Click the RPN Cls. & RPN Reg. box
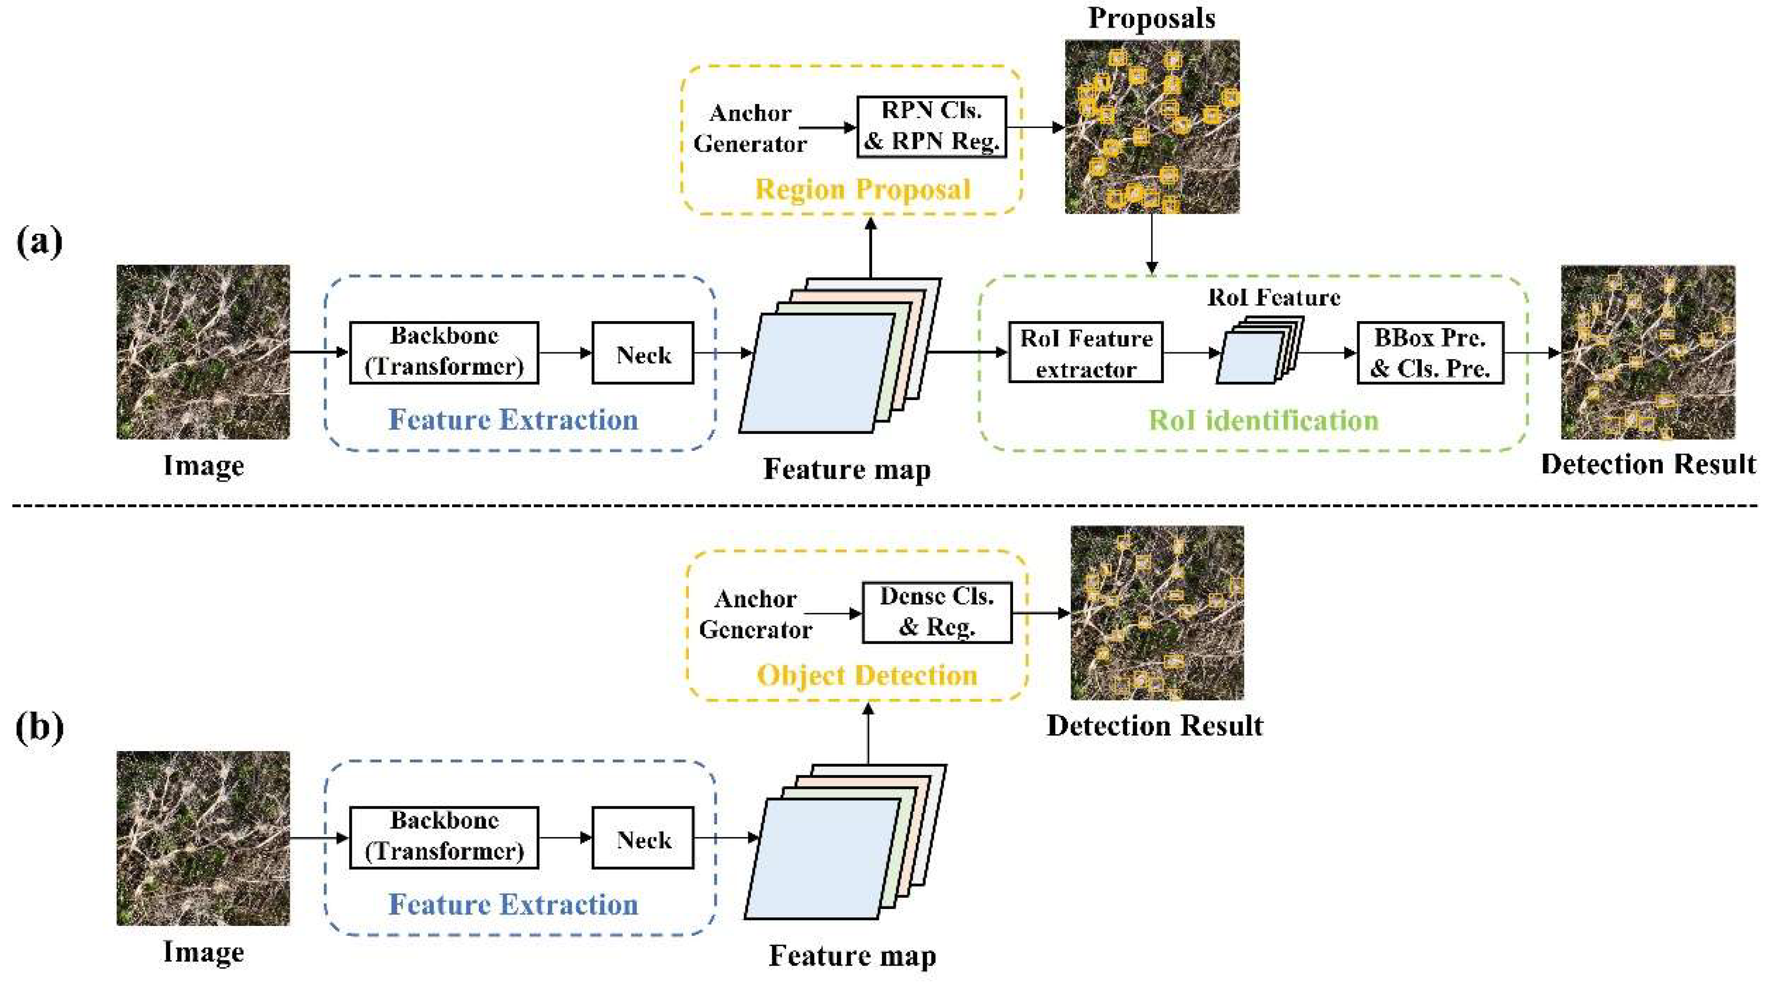(x=931, y=127)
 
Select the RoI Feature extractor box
(x=1085, y=353)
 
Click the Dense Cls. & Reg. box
(x=936, y=612)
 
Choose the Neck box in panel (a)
(x=643, y=353)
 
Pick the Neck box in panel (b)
(x=643, y=838)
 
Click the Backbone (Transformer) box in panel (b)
(x=444, y=838)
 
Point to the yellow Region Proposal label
(x=863, y=189)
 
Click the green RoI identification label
(x=1264, y=420)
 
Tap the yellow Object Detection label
(x=866, y=675)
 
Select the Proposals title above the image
(x=1152, y=18)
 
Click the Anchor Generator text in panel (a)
(x=750, y=128)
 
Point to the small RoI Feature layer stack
(x=1260, y=350)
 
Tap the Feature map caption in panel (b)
(x=852, y=955)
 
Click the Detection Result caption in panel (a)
(x=1648, y=464)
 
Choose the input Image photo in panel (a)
(x=203, y=352)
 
